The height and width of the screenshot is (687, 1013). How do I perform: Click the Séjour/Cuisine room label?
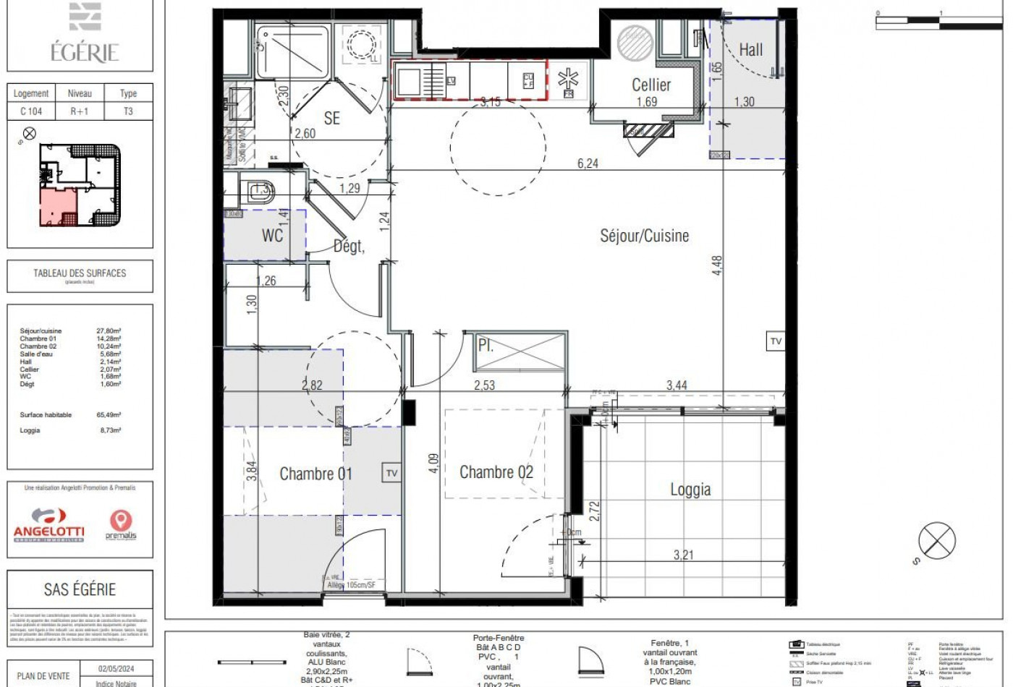[x=644, y=236]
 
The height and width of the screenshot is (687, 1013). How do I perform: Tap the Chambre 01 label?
[x=315, y=474]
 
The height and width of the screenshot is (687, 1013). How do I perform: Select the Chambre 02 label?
[x=496, y=473]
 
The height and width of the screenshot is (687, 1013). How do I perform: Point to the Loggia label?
[x=690, y=490]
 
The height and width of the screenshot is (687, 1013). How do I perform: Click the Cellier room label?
[x=651, y=85]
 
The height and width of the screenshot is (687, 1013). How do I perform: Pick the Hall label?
[x=750, y=50]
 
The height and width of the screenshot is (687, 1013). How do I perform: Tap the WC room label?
[x=272, y=235]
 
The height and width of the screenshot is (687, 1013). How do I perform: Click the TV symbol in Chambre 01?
[x=391, y=473]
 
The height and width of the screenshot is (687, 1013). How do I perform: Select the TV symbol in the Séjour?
[x=776, y=341]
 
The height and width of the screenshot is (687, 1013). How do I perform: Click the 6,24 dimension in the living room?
[x=588, y=164]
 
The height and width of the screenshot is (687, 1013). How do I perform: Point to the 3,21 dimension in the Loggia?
[x=683, y=555]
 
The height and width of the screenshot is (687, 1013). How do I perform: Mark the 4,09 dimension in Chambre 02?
[x=433, y=464]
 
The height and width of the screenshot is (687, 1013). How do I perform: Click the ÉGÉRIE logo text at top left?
[x=84, y=52]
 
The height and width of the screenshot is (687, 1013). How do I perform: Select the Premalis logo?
[x=120, y=525]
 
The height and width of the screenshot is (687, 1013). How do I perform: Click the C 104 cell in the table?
[x=31, y=111]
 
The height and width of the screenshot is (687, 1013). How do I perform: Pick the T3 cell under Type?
[x=128, y=111]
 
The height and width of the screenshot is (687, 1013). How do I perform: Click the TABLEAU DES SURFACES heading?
[x=80, y=273]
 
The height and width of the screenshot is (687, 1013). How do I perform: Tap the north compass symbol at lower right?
[x=936, y=540]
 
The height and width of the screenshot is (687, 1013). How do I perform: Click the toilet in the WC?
[x=258, y=191]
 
